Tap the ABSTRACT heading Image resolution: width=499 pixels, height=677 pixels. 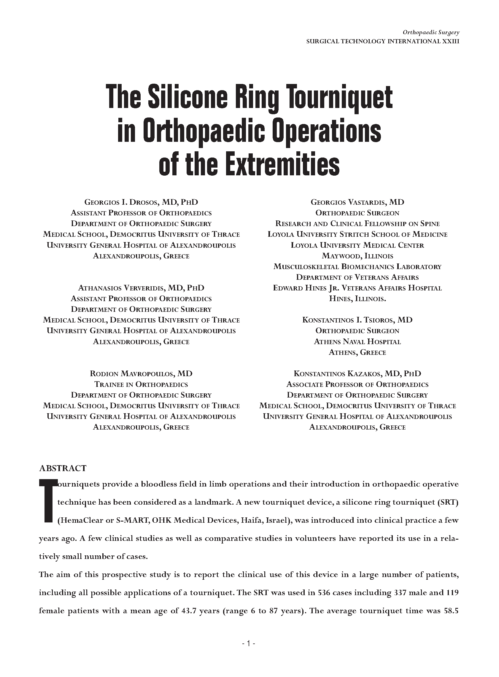point(63,468)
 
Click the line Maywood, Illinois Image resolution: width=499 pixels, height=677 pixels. point(357,256)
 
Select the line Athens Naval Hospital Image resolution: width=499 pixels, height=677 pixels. point(357,342)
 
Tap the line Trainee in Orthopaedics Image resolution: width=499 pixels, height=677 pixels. point(141,384)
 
